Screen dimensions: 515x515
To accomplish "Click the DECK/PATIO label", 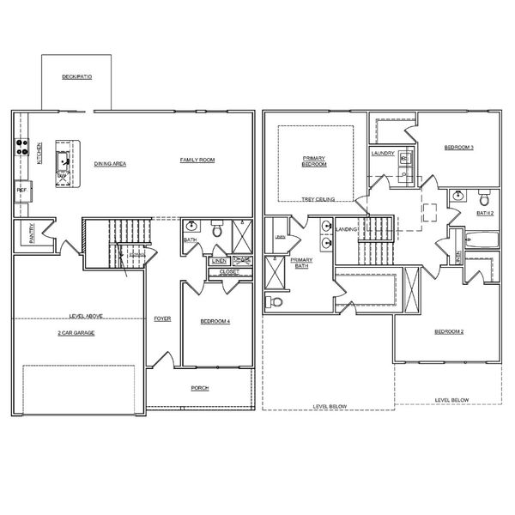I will (76, 76).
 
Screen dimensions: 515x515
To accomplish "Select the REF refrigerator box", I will (21, 190).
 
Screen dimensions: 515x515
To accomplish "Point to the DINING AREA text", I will (110, 162).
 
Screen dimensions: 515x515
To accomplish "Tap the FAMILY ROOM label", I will (197, 161).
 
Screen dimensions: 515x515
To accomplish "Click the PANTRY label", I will (32, 234).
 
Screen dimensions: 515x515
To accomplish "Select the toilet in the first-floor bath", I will (217, 230).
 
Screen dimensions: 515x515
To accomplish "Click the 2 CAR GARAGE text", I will (76, 332).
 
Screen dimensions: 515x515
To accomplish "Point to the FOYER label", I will (162, 318).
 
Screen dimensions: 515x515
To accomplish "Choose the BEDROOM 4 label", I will (215, 321).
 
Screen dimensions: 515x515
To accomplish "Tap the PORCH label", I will (200, 388).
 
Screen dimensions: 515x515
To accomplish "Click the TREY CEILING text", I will (318, 199).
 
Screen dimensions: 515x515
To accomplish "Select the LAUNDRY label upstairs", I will (383, 154).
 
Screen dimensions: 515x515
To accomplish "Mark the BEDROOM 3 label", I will (458, 148).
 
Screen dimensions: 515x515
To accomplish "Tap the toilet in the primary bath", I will (274, 301).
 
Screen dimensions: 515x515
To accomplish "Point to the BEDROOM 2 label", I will (449, 331).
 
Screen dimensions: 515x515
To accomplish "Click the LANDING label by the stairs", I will (347, 230).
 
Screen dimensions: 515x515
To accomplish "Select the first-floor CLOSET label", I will (229, 272).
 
